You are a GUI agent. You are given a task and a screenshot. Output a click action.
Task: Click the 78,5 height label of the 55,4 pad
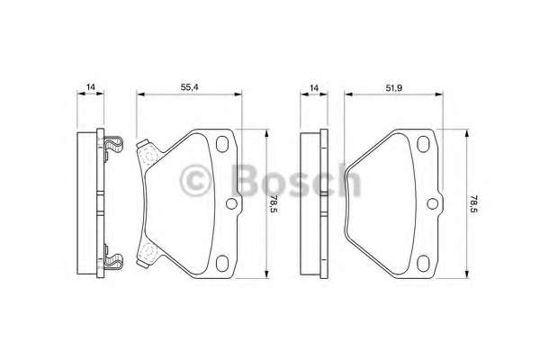click(274, 204)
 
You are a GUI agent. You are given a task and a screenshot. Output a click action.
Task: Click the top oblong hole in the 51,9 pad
click(426, 141)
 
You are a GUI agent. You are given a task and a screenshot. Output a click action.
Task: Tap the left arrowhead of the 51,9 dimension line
click(347, 93)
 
